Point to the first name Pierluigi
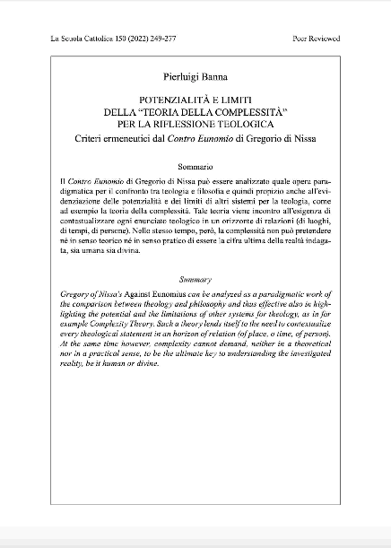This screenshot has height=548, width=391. [175, 80]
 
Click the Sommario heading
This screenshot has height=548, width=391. [195, 167]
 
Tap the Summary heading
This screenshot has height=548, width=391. [195, 280]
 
